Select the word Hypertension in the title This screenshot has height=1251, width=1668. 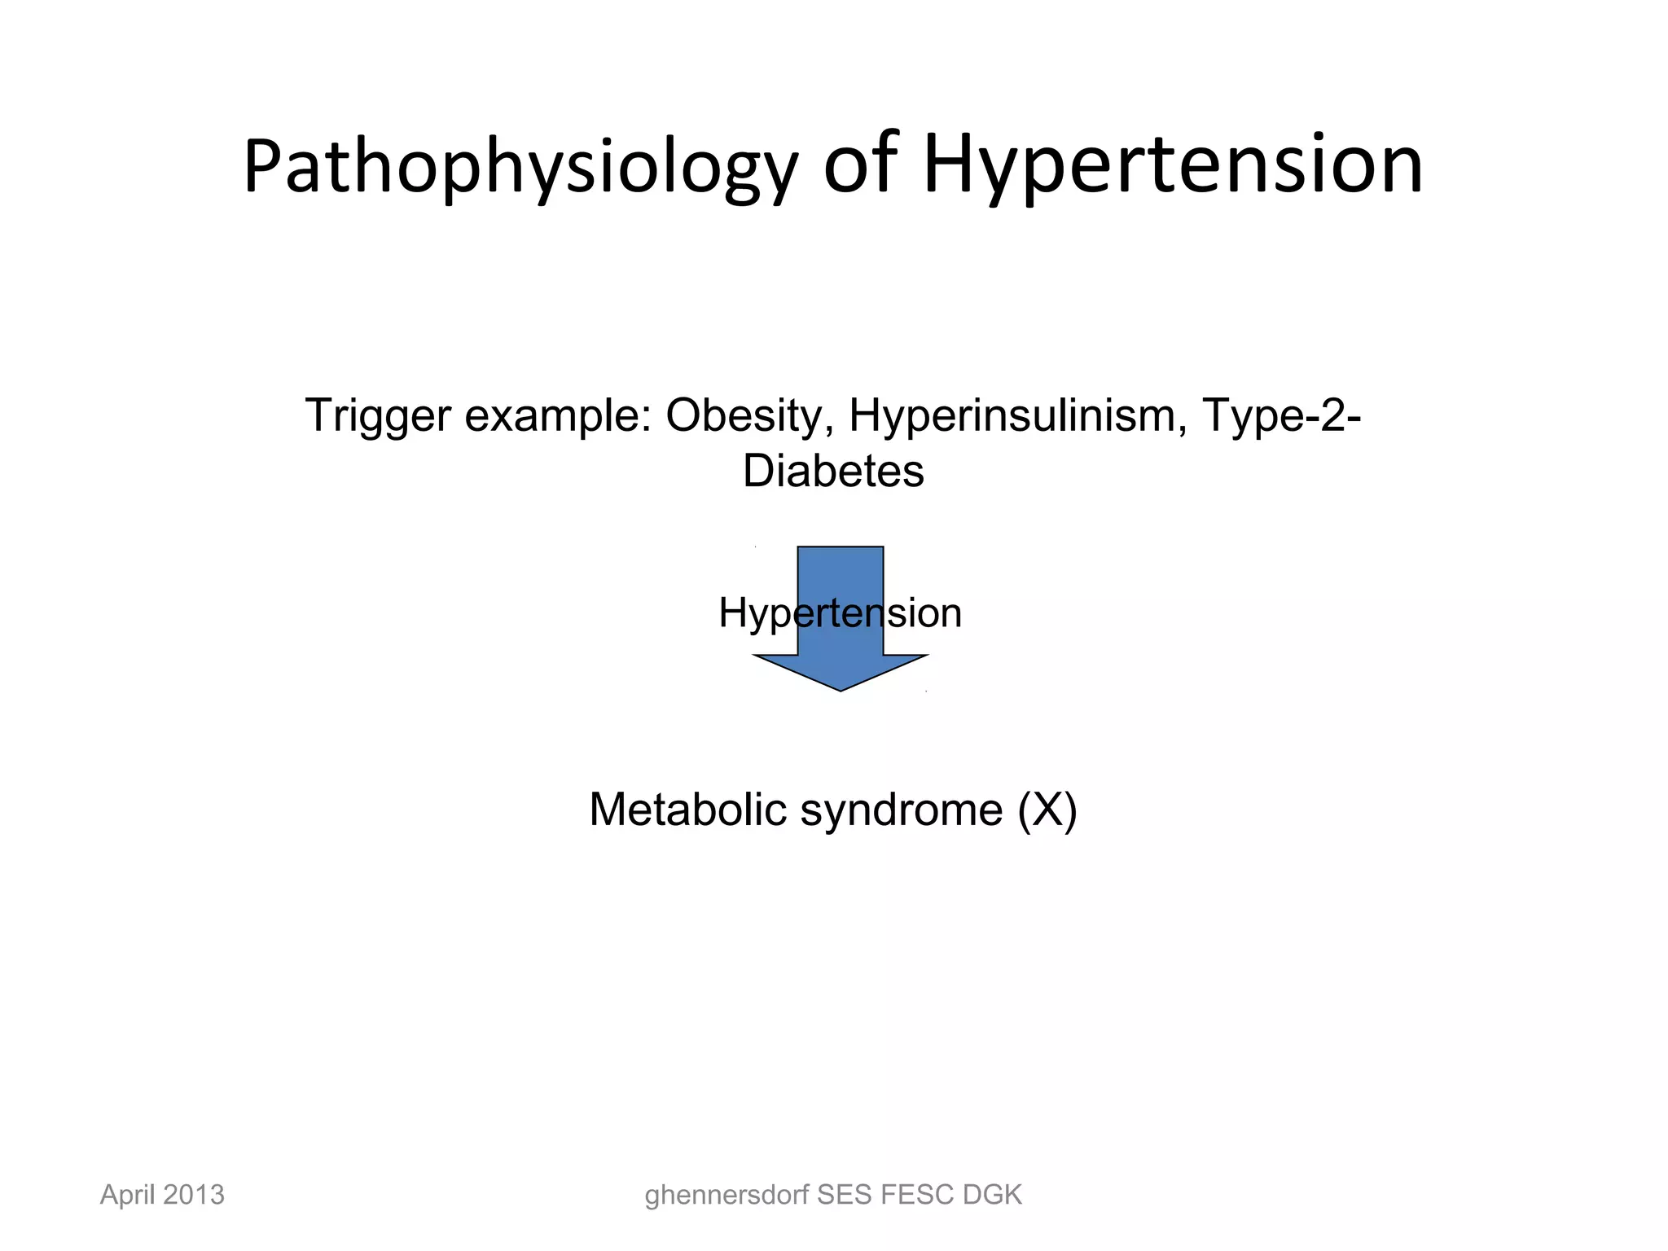point(1173,167)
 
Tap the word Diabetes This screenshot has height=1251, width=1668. point(833,472)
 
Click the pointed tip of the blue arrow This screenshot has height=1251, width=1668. point(840,688)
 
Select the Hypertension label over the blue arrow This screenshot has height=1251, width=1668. point(840,613)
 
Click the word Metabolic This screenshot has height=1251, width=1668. point(687,810)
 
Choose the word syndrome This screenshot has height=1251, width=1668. point(902,811)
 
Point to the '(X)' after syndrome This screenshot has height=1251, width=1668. point(1047,810)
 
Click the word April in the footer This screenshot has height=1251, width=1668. point(127,1196)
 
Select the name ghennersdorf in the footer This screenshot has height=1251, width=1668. point(726,1196)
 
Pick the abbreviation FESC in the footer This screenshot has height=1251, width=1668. point(917,1195)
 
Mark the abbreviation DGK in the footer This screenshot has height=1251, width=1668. point(992,1195)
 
